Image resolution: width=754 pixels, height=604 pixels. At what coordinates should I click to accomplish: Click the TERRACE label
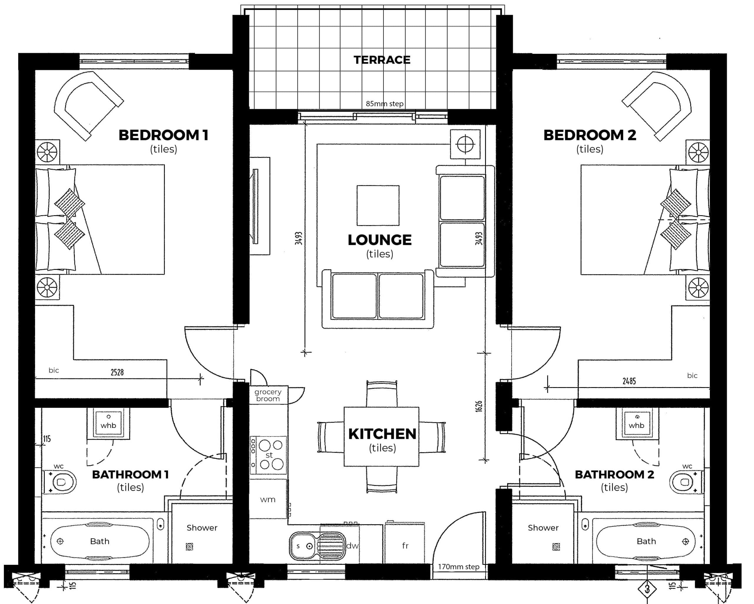pyautogui.click(x=382, y=60)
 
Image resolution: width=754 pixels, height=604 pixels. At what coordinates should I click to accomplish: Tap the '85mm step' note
pyautogui.click(x=385, y=104)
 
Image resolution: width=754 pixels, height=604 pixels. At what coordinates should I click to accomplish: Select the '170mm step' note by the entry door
pyautogui.click(x=459, y=567)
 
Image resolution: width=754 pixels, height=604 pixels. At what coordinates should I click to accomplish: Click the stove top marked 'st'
pyautogui.click(x=268, y=455)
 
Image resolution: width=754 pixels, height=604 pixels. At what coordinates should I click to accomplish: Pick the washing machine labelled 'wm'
pyautogui.click(x=268, y=499)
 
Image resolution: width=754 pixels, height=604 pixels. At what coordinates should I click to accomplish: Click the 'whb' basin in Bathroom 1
pyautogui.click(x=108, y=423)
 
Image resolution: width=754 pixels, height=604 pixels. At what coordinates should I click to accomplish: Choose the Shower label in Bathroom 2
pyautogui.click(x=543, y=528)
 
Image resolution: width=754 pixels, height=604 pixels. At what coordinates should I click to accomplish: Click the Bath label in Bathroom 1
pyautogui.click(x=100, y=541)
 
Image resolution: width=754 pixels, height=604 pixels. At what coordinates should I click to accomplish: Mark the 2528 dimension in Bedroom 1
pyautogui.click(x=117, y=372)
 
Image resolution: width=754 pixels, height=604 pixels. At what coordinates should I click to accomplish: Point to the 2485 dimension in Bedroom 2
pyautogui.click(x=629, y=381)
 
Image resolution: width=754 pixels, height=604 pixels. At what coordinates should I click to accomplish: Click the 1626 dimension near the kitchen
pyautogui.click(x=479, y=406)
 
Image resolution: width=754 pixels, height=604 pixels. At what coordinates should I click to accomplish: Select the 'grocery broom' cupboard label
pyautogui.click(x=268, y=395)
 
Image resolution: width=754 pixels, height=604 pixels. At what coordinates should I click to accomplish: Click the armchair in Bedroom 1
pyautogui.click(x=89, y=106)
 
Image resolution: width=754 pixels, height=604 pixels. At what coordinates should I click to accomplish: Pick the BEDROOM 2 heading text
pyautogui.click(x=590, y=135)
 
